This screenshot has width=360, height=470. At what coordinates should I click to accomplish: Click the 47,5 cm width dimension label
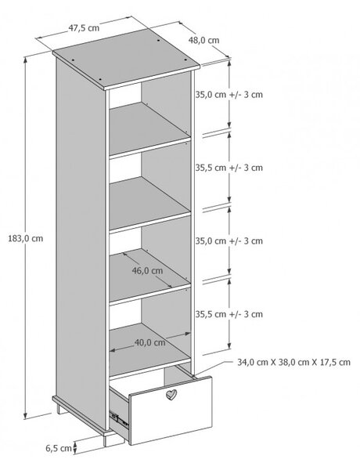pos(84,28)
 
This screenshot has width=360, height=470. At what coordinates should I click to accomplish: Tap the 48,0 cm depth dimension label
pos(203,40)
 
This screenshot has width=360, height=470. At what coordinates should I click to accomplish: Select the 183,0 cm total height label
pos(26,239)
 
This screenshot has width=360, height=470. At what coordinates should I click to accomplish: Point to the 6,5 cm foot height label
pos(59,448)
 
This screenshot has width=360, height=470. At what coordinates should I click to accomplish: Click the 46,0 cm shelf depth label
pos(147,271)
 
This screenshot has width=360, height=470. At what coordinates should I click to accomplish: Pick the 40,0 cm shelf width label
pos(149,342)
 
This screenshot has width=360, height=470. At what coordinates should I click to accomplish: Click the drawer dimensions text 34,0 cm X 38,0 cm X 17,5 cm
pos(293,362)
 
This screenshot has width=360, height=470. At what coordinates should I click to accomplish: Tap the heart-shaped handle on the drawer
pos(171,395)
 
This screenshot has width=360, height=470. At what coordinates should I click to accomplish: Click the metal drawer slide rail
pos(119,419)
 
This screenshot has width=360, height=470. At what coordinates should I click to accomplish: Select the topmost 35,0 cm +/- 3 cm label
pos(229,95)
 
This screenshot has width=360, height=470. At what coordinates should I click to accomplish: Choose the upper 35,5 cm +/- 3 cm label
pos(229,168)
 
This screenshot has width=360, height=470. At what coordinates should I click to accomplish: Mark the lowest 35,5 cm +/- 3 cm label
pos(229,314)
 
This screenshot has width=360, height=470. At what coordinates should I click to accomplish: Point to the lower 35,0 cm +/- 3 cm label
pos(229,240)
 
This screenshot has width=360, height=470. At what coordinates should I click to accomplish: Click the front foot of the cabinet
pos(108,439)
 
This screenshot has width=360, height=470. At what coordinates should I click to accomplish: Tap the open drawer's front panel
pos(171,410)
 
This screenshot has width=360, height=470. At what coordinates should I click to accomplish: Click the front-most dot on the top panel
pos(100,80)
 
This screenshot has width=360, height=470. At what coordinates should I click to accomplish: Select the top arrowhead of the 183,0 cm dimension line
pos(26,60)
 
